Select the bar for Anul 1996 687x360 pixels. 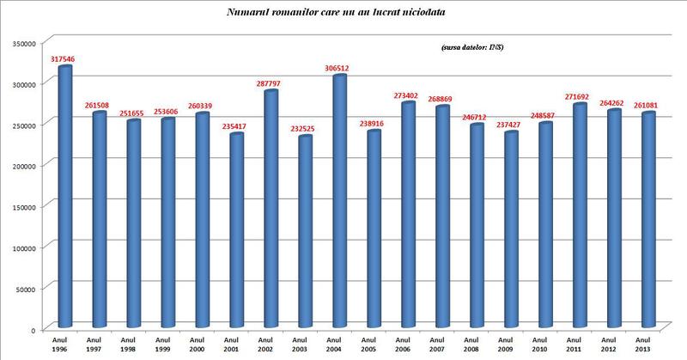pos(64,198)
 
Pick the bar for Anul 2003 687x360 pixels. pos(304,232)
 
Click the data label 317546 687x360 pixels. pos(64,59)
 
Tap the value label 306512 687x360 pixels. pos(339,68)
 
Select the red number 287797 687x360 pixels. pos(271,82)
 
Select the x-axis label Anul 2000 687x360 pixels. pos(201,344)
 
